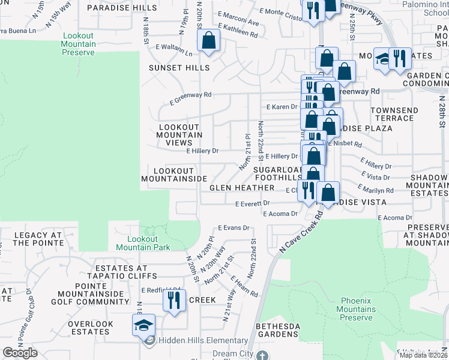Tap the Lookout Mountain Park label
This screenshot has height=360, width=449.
coord(142,243)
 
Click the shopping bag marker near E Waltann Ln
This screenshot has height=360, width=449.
coord(208,41)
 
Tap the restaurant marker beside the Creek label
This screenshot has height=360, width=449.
coord(174,299)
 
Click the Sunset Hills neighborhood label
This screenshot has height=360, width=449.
coord(179,68)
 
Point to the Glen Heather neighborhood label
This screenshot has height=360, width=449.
coord(242,188)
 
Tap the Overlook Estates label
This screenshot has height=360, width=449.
coord(91,328)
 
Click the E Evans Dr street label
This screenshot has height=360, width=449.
coord(234,228)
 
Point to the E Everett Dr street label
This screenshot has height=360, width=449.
coord(252,204)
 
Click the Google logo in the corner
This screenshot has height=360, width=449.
coord(20,353)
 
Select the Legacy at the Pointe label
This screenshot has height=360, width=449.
coord(37,239)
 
